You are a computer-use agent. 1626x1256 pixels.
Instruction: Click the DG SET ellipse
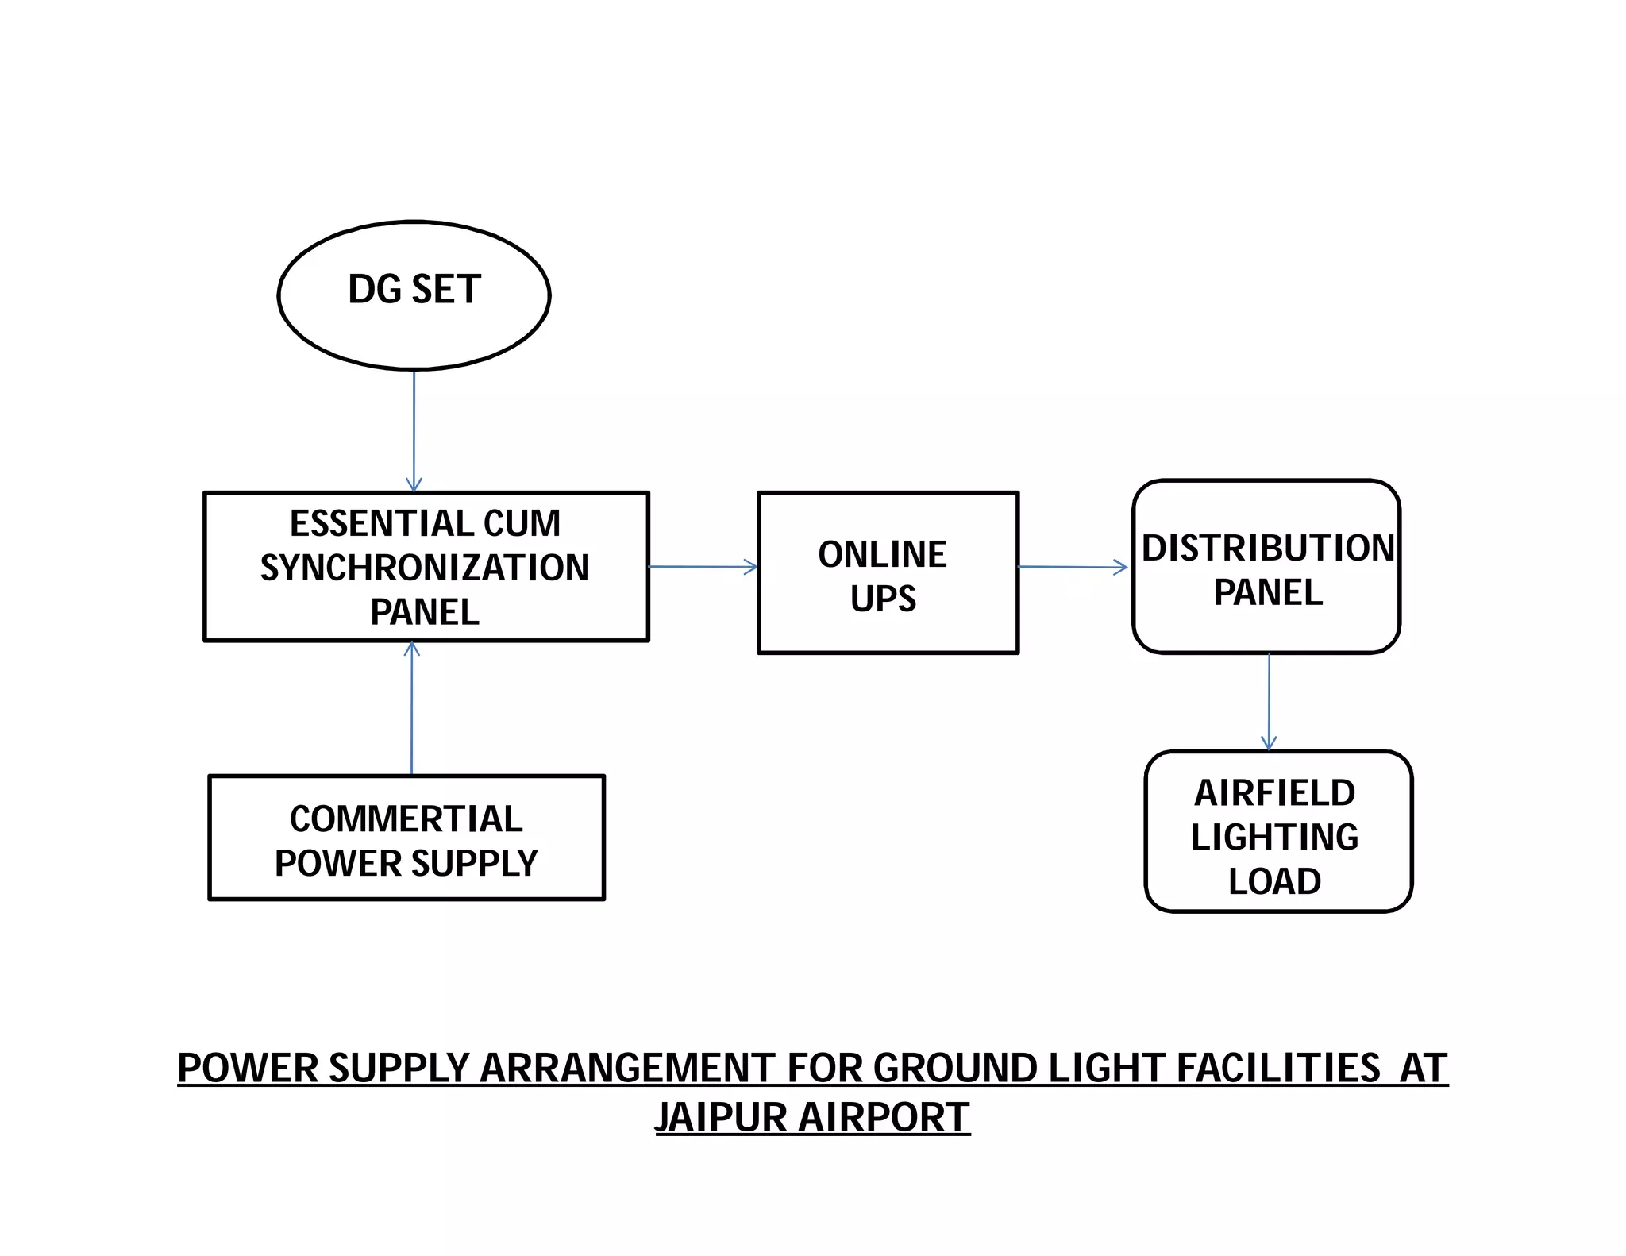414,295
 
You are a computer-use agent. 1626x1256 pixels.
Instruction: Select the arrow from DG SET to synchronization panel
414,429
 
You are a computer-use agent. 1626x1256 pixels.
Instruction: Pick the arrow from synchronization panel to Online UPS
703,567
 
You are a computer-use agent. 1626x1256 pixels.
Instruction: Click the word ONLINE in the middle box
882,554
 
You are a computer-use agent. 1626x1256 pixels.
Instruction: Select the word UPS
883,599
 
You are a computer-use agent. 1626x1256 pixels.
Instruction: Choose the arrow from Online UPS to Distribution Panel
1072,567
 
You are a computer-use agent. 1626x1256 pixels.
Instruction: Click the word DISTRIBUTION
1268,549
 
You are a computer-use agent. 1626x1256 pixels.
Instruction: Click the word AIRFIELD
1274,793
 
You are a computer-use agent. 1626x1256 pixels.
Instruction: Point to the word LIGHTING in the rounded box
1274,838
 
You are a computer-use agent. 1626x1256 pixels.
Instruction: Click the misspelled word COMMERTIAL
406,819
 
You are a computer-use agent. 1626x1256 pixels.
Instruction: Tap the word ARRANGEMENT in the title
626,1068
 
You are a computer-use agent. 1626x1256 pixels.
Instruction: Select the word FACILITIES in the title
1278,1068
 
